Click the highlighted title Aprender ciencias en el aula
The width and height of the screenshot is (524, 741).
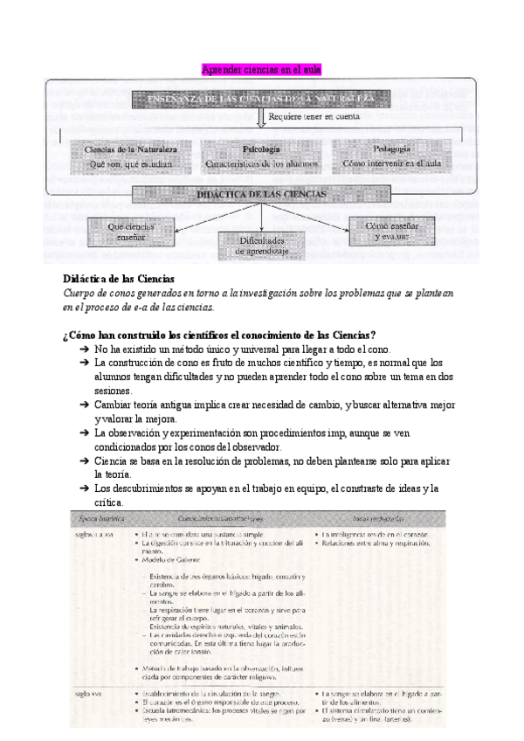point(262,70)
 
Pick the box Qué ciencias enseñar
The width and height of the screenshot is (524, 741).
point(131,231)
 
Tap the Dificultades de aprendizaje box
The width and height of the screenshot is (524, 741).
point(262,245)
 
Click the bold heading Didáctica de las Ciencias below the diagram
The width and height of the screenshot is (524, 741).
point(120,279)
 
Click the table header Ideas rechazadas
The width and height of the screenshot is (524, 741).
point(373,519)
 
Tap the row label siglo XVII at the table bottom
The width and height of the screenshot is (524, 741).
point(93,693)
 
